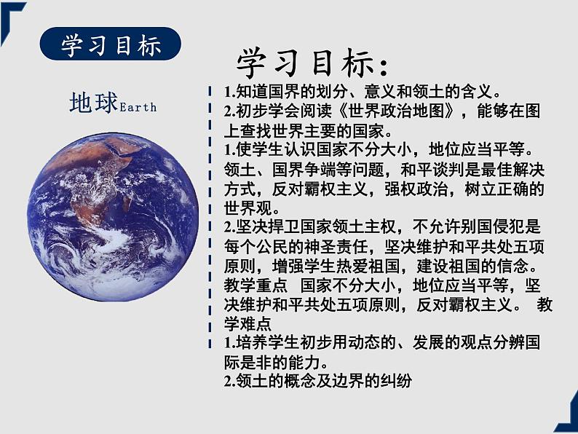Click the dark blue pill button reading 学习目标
pyautogui.click(x=111, y=45)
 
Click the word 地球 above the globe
pyautogui.click(x=94, y=104)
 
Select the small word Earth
pyautogui.click(x=138, y=108)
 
